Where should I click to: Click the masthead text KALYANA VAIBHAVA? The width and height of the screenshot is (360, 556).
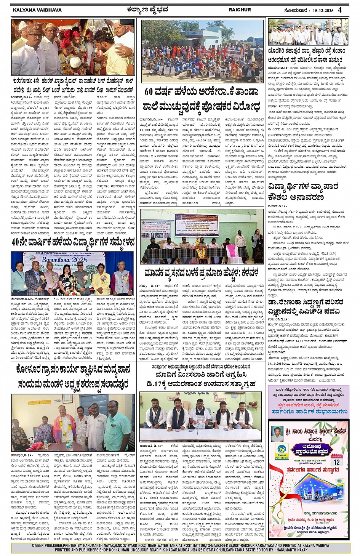pyautogui.click(x=37, y=10)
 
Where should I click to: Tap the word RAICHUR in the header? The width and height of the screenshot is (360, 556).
pyautogui.click(x=240, y=10)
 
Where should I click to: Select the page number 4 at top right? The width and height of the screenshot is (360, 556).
pyautogui.click(x=339, y=10)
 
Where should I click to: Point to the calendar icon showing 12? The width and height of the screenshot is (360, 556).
pyautogui.click(x=336, y=460)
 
